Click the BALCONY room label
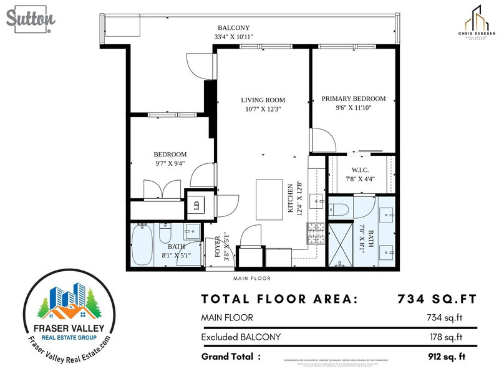tap(233, 28)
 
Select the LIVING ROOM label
tap(263, 100)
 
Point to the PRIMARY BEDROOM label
tap(354, 98)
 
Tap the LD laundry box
tap(195, 205)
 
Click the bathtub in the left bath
tap(143, 246)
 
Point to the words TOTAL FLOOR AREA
tap(280, 299)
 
